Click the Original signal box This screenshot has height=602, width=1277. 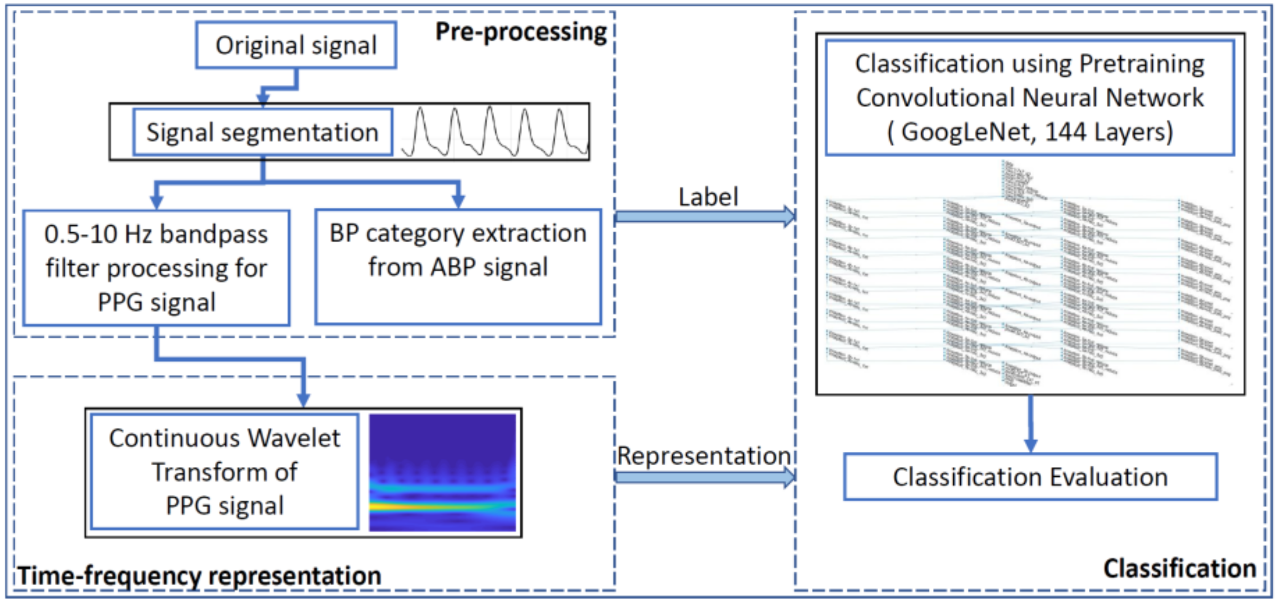[x=296, y=45]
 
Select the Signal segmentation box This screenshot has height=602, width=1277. [x=262, y=132]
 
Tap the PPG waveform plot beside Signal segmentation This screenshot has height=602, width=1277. [x=494, y=132]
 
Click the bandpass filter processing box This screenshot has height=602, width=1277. [x=156, y=268]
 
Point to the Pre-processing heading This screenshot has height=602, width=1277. [x=521, y=32]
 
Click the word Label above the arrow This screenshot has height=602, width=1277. [x=708, y=197]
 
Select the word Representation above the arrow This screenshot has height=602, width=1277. [x=704, y=455]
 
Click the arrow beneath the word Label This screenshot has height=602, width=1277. [x=704, y=217]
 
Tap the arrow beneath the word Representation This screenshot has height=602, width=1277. [x=704, y=477]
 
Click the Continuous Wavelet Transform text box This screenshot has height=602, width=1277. [x=224, y=472]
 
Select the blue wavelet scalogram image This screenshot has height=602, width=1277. [x=442, y=473]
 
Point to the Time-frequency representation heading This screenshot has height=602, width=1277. [x=199, y=576]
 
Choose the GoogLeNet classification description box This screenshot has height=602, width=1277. [x=1030, y=98]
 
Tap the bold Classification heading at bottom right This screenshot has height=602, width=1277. [x=1179, y=568]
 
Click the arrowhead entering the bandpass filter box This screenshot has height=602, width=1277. [x=156, y=201]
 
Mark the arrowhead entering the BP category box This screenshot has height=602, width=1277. [x=458, y=200]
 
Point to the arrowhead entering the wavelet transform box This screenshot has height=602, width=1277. [x=303, y=400]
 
